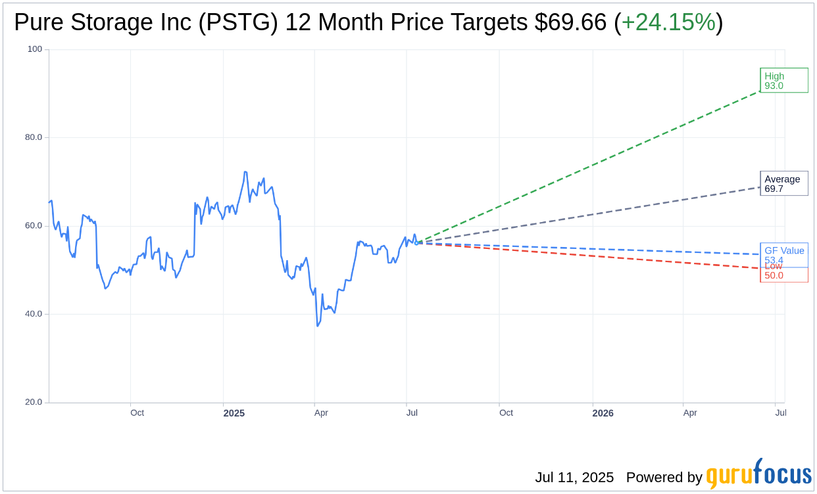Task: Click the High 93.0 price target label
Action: click(x=783, y=80)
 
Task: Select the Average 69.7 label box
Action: click(x=783, y=183)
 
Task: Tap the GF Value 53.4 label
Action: click(x=783, y=254)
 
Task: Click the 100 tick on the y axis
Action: click(x=35, y=49)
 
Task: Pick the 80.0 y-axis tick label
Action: click(x=34, y=137)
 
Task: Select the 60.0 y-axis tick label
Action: click(x=34, y=225)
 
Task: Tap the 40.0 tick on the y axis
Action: click(x=34, y=313)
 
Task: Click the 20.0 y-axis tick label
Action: click(x=34, y=402)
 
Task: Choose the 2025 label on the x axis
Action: click(x=234, y=413)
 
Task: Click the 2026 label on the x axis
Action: click(x=603, y=413)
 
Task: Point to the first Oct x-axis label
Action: click(x=137, y=413)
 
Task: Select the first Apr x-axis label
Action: click(x=321, y=413)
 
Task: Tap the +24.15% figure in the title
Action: click(x=668, y=22)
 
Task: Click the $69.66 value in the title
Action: click(x=570, y=22)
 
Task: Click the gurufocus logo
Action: click(x=758, y=474)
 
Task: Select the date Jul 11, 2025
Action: click(x=574, y=478)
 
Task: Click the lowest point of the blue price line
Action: click(x=318, y=326)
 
